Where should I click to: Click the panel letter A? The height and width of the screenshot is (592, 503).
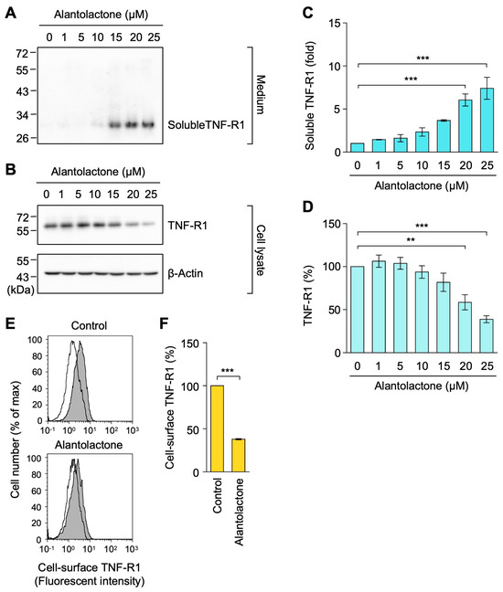[x=11, y=13]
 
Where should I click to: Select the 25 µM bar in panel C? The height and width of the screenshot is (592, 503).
[x=487, y=120]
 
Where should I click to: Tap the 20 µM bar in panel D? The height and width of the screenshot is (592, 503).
[x=466, y=327]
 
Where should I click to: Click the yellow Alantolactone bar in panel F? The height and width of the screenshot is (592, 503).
[x=239, y=455]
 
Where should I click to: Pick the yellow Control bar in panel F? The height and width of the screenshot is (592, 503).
[x=218, y=428]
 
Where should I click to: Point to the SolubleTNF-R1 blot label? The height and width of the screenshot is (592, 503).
[x=206, y=125]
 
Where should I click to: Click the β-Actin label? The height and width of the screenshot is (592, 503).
[x=185, y=273]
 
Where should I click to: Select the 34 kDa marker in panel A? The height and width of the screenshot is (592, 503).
[x=22, y=114]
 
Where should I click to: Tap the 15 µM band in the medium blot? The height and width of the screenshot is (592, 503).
[x=116, y=124]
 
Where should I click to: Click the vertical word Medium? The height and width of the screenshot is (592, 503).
[x=261, y=95]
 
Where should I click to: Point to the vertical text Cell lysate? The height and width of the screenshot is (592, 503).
[x=261, y=250]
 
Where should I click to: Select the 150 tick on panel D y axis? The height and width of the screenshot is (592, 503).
[x=333, y=224]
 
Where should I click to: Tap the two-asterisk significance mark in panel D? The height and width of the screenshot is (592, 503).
[x=411, y=239]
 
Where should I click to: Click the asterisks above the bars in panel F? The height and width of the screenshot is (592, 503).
[x=228, y=370]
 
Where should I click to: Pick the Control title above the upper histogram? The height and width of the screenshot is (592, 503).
[x=89, y=325]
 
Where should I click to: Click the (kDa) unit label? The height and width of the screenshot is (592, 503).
[x=20, y=290]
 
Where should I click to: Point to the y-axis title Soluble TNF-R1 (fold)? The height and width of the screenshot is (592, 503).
[x=310, y=95]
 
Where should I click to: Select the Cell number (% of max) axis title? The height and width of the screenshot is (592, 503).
[x=16, y=439]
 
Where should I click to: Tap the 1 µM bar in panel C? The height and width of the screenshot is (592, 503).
[x=379, y=146]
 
